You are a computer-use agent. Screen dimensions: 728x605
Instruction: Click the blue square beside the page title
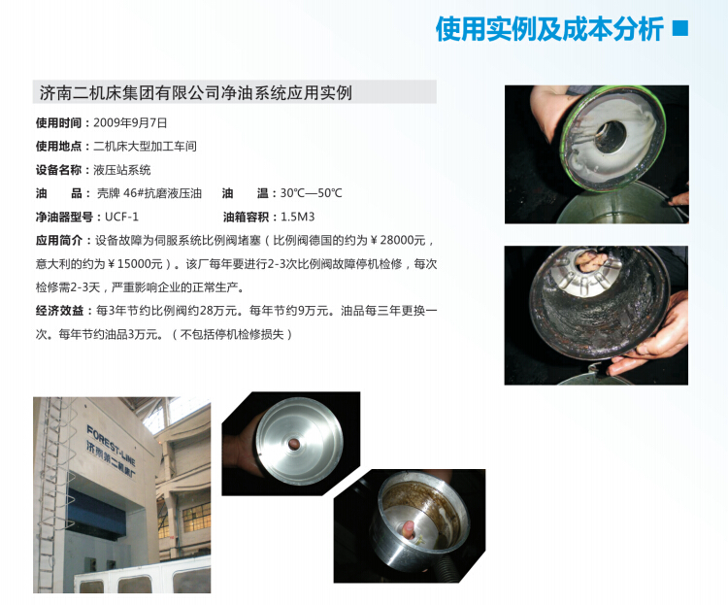(x=680, y=28)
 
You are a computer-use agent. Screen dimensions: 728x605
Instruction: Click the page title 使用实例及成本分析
(x=549, y=29)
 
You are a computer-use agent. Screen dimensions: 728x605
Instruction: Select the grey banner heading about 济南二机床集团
(x=235, y=92)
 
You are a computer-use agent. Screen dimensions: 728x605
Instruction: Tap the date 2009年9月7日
(x=130, y=123)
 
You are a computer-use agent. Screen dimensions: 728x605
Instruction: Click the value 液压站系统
(x=122, y=170)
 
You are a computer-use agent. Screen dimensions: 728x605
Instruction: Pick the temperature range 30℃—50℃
(x=311, y=193)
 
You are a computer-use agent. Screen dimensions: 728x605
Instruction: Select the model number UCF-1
(x=121, y=217)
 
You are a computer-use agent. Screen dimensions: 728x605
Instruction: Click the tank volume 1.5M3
(x=298, y=217)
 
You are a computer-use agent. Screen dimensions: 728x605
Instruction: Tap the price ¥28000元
(x=398, y=240)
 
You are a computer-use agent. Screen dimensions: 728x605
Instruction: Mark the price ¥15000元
(x=135, y=264)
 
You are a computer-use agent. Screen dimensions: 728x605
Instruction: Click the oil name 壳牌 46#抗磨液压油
(x=149, y=193)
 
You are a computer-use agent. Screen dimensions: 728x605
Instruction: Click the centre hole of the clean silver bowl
(x=294, y=444)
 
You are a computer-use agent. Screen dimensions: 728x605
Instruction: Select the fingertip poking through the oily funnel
(x=408, y=529)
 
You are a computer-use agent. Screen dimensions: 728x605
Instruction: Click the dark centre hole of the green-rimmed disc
(x=611, y=137)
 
